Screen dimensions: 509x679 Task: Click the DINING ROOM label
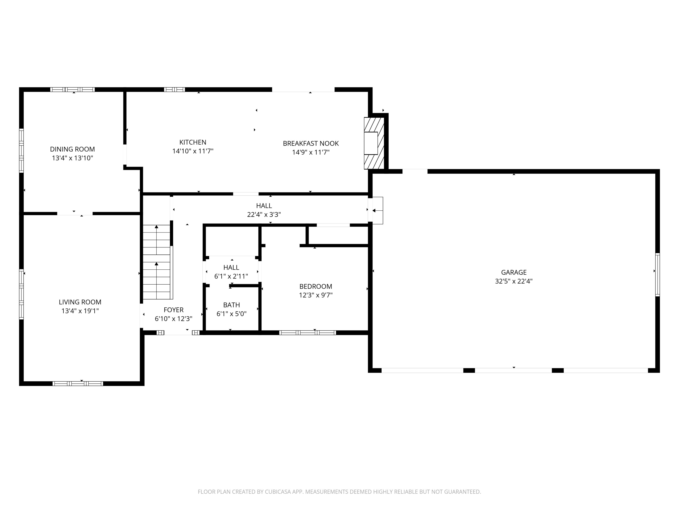pyautogui.click(x=72, y=149)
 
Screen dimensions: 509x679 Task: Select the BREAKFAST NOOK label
pyautogui.click(x=311, y=143)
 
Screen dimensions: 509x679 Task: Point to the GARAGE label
pyautogui.click(x=514, y=272)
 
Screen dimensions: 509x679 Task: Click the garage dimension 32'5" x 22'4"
pyautogui.click(x=514, y=281)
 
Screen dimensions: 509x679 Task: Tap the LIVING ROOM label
pyautogui.click(x=80, y=302)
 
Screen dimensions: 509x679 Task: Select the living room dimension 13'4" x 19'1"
pyautogui.click(x=80, y=311)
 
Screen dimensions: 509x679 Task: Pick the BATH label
pyautogui.click(x=232, y=305)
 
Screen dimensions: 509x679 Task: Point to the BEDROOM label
pyautogui.click(x=316, y=286)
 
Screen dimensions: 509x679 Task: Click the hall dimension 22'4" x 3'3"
pyautogui.click(x=264, y=214)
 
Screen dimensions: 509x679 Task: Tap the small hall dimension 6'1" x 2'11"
pyautogui.click(x=231, y=276)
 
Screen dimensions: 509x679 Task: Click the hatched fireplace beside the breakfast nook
pyautogui.click(x=374, y=143)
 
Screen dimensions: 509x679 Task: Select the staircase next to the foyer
pyautogui.click(x=157, y=262)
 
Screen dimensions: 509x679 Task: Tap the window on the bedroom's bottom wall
pyautogui.click(x=308, y=333)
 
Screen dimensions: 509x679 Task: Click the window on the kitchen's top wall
pyautogui.click(x=174, y=90)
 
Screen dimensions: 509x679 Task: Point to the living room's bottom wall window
pyautogui.click(x=78, y=383)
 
